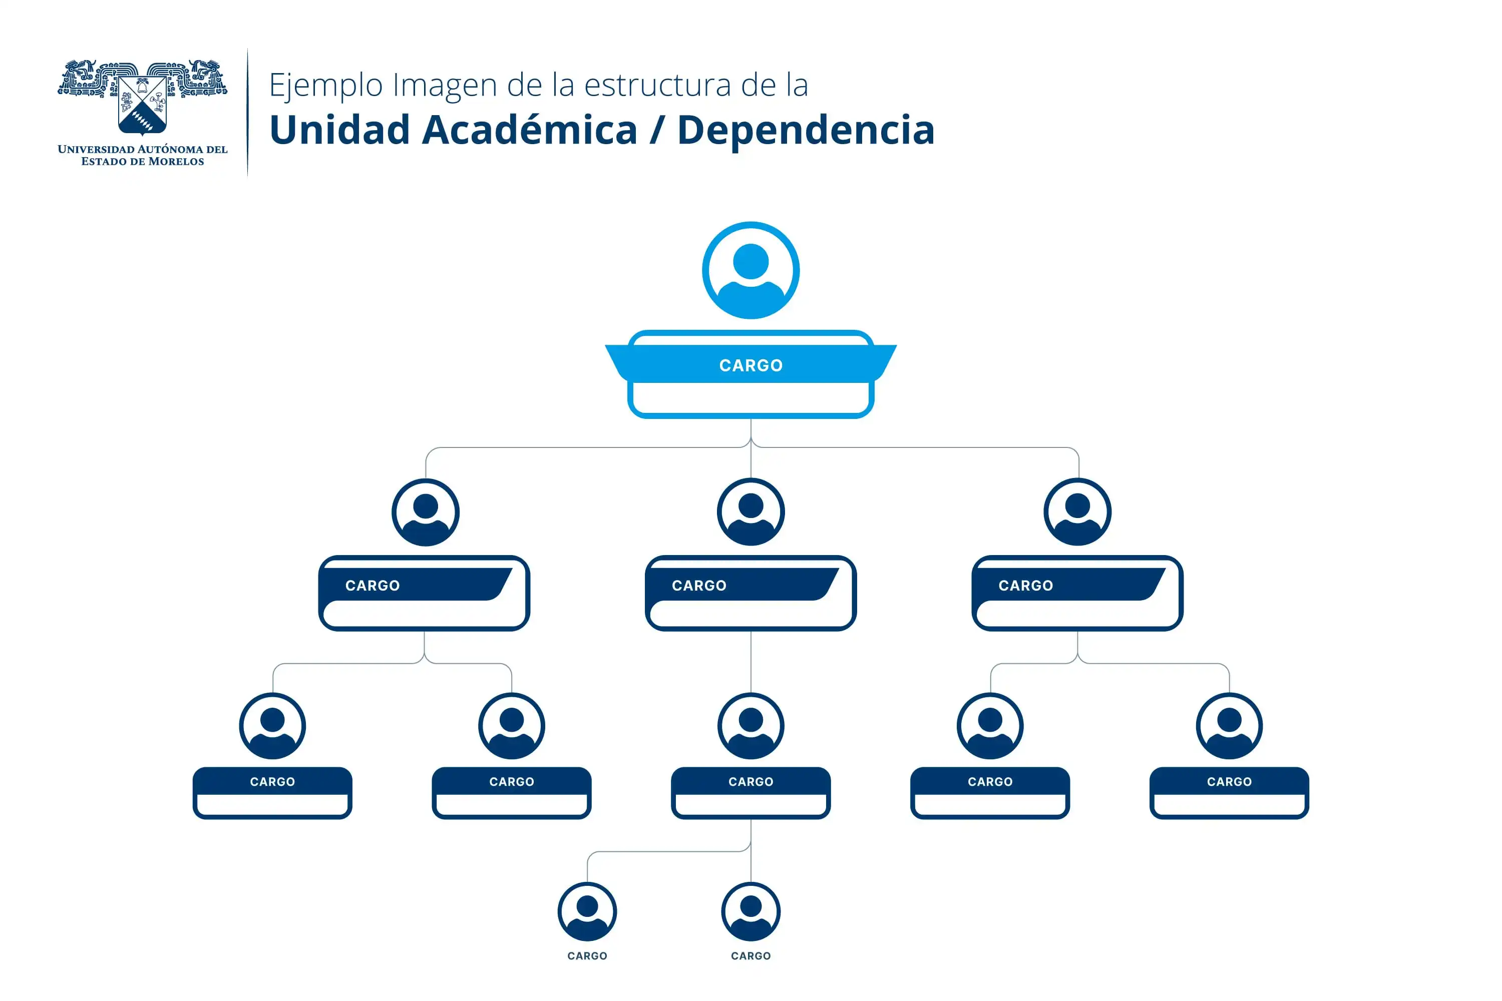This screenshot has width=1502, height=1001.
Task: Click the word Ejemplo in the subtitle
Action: pyautogui.click(x=324, y=86)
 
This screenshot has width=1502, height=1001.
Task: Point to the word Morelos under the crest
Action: pyautogui.click(x=176, y=162)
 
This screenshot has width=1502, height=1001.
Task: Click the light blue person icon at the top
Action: pyautogui.click(x=750, y=270)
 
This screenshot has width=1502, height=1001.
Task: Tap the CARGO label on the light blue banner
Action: pyautogui.click(x=750, y=365)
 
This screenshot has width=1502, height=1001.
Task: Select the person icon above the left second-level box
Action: pyautogui.click(x=425, y=512)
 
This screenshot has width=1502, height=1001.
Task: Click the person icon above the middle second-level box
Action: pyautogui.click(x=750, y=512)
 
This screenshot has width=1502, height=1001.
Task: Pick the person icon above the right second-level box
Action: pyautogui.click(x=1077, y=512)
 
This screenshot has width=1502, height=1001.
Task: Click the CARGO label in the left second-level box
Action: pyautogui.click(x=372, y=586)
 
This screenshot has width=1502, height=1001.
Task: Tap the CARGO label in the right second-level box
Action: pyautogui.click(x=1025, y=586)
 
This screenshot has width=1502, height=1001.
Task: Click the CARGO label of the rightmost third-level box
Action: pyautogui.click(x=1229, y=781)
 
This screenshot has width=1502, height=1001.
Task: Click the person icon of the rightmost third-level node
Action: pyautogui.click(x=1229, y=726)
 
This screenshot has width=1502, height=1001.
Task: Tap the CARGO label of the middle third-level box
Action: pyautogui.click(x=750, y=781)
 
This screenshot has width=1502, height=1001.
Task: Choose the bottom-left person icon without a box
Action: pyautogui.click(x=587, y=911)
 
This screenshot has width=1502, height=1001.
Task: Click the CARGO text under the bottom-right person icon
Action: pyautogui.click(x=750, y=955)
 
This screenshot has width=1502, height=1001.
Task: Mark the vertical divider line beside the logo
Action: pyautogui.click(x=248, y=112)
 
